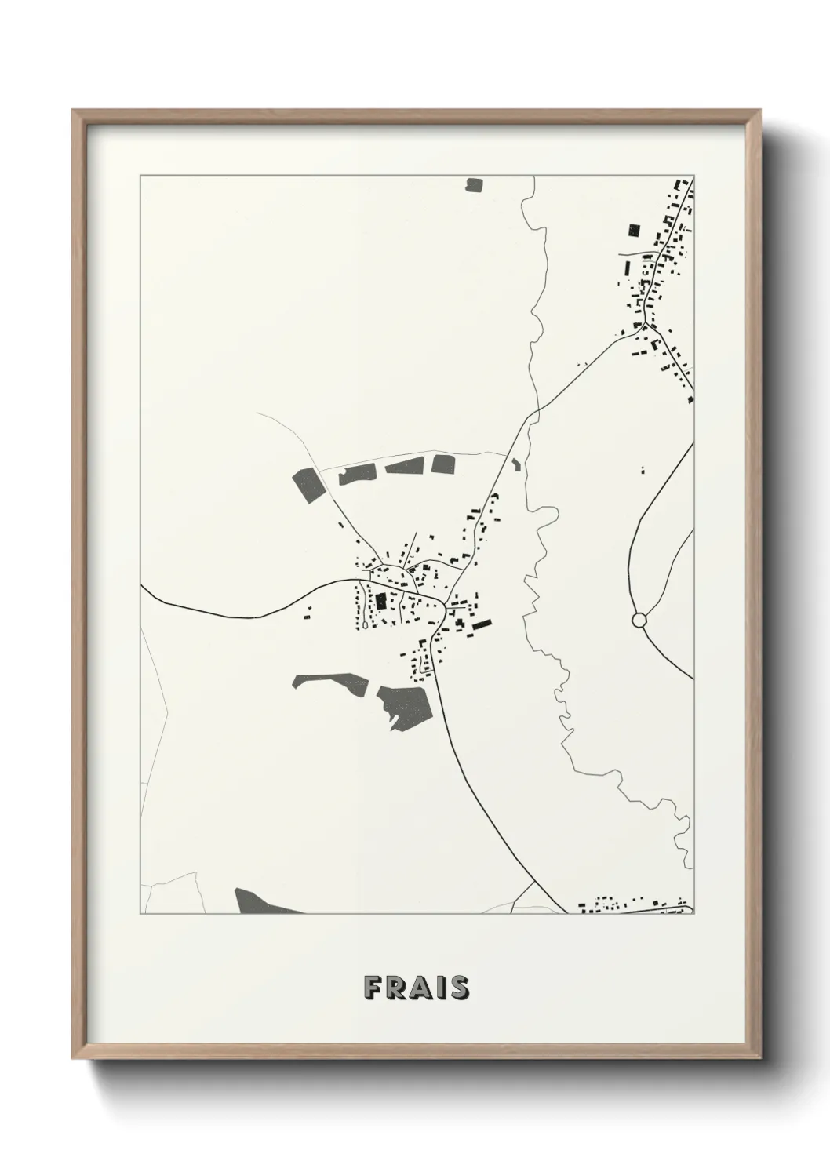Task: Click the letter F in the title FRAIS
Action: (x=373, y=988)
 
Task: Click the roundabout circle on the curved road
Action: (x=639, y=620)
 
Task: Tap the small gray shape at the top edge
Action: (x=473, y=185)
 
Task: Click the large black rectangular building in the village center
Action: (x=381, y=602)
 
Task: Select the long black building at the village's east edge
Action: (x=480, y=625)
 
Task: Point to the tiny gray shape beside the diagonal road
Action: (x=515, y=464)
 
